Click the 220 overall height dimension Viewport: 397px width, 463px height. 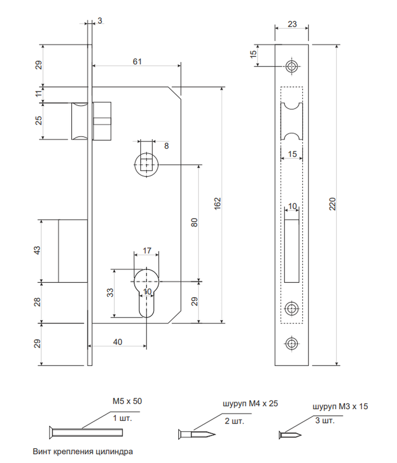(332, 204)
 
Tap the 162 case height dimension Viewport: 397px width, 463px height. (217, 203)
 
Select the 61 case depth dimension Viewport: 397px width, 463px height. (137, 62)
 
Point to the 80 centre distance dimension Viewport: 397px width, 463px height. (194, 222)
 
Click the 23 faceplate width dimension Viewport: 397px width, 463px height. (292, 24)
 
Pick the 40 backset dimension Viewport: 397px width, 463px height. (118, 342)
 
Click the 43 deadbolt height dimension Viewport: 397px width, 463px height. (37, 250)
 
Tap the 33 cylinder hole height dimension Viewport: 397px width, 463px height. (110, 293)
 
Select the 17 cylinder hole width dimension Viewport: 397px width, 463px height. (147, 250)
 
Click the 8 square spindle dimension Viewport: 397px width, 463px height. (167, 146)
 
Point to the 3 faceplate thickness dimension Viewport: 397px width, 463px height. (100, 21)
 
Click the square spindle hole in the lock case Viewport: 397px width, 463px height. (146, 164)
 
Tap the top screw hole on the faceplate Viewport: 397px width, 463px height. (292, 66)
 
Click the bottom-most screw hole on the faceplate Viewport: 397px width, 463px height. (292, 344)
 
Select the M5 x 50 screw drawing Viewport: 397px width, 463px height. (86, 432)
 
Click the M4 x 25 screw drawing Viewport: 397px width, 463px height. (197, 434)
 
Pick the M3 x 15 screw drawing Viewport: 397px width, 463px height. (290, 435)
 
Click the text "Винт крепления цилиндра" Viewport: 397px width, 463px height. (83, 451)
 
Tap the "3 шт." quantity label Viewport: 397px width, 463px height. (325, 420)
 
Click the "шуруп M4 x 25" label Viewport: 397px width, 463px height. (250, 403)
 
